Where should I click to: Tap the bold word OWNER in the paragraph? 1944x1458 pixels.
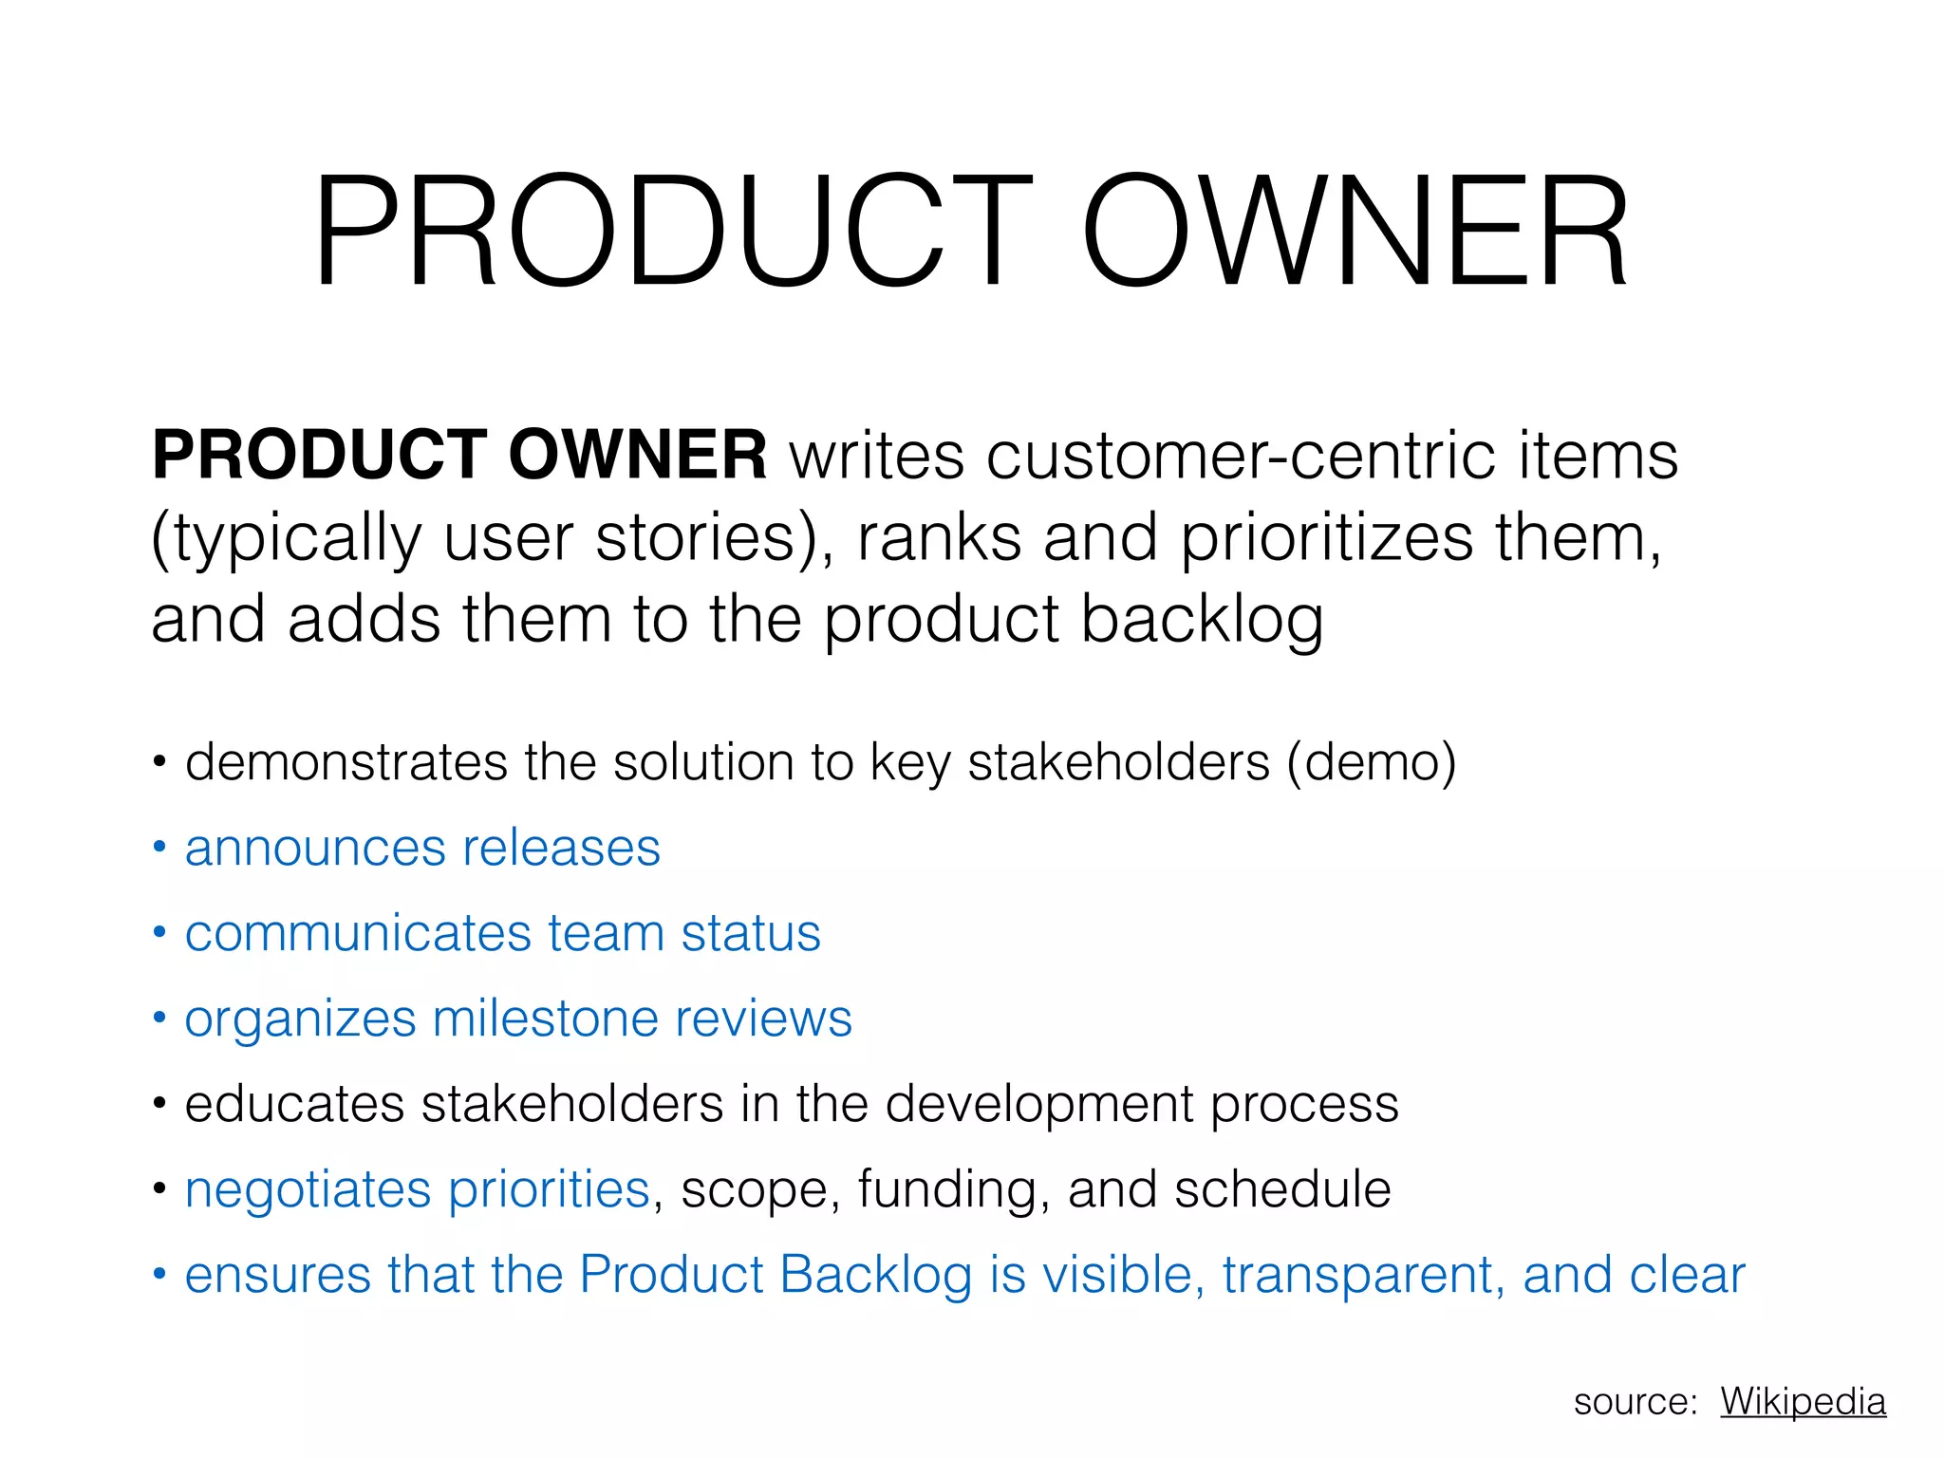(637, 455)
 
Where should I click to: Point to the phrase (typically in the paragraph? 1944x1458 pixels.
(286, 539)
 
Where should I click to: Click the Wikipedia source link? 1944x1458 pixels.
(1802, 1401)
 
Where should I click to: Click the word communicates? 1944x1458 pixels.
(356, 933)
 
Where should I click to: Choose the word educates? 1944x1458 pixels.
(294, 1104)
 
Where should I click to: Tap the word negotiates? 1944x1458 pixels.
(308, 1190)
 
